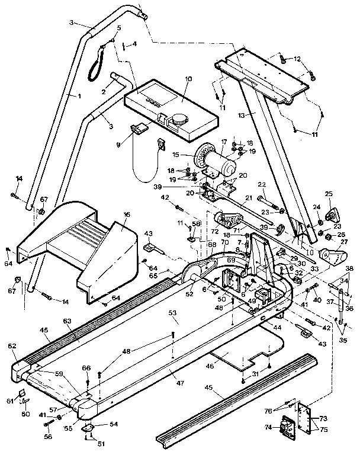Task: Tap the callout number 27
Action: [343, 242]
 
